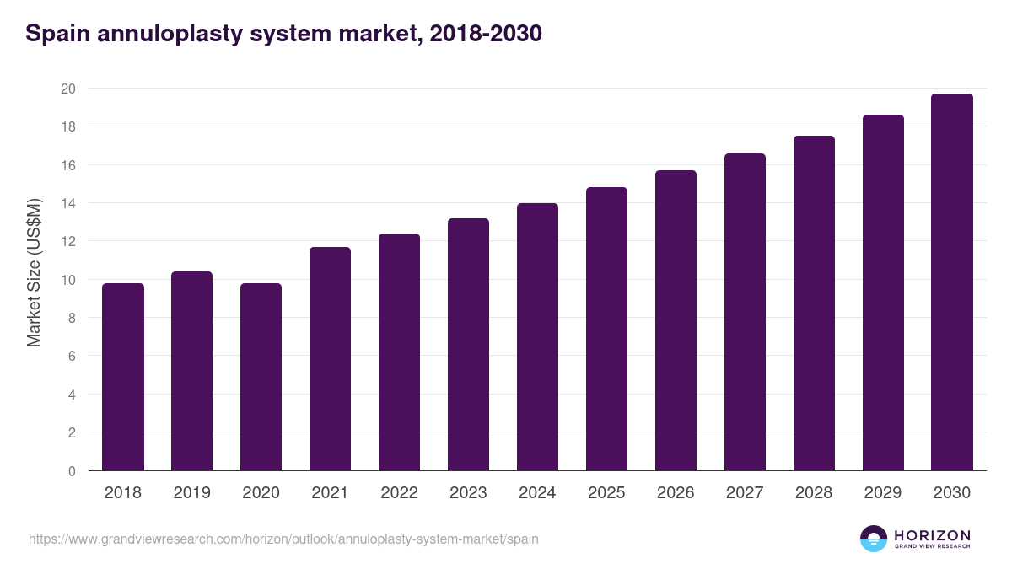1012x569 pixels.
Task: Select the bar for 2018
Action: pyautogui.click(x=123, y=377)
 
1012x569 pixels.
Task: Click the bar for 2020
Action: pyautogui.click(x=261, y=377)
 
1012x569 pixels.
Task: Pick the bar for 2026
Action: pyautogui.click(x=676, y=320)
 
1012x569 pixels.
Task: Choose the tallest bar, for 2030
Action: pyautogui.click(x=952, y=282)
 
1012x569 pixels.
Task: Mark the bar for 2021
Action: pyautogui.click(x=331, y=358)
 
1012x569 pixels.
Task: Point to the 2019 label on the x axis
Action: pyautogui.click(x=192, y=493)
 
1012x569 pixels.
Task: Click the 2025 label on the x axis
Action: pyautogui.click(x=606, y=493)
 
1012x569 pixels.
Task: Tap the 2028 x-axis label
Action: pyautogui.click(x=814, y=493)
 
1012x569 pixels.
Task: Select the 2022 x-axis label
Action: pyautogui.click(x=400, y=493)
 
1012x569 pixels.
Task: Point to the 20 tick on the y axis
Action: pyautogui.click(x=68, y=89)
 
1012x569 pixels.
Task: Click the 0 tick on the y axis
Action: pyautogui.click(x=73, y=471)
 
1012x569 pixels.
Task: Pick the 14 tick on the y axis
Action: pyautogui.click(x=68, y=203)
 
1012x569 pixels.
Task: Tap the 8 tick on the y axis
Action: pyautogui.click(x=73, y=318)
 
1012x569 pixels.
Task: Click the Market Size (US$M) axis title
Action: pyautogui.click(x=34, y=273)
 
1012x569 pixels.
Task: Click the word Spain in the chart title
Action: pyautogui.click(x=55, y=34)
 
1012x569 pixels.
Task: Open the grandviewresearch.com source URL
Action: pyautogui.click(x=283, y=539)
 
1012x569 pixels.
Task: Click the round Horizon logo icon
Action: pyautogui.click(x=874, y=539)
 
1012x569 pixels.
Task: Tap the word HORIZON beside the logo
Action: pyautogui.click(x=932, y=534)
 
